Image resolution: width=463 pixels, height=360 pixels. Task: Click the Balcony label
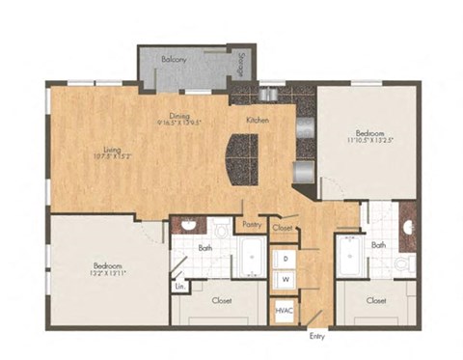pos(174,60)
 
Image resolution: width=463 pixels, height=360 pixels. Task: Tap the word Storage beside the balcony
pos(237,67)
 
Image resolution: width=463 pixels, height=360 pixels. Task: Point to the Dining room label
pos(177,114)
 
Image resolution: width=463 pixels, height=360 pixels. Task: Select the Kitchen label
pos(257,120)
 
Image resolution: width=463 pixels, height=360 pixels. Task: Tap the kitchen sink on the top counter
pos(269,94)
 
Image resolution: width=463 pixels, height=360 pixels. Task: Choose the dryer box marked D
pos(286,259)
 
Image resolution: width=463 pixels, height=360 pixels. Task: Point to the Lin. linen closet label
pos(179,287)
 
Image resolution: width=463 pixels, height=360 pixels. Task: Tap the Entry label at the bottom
pos(316,337)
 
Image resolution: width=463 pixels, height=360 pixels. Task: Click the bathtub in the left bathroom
pos(252,259)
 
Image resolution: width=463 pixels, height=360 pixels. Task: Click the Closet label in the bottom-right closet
pos(377,300)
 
